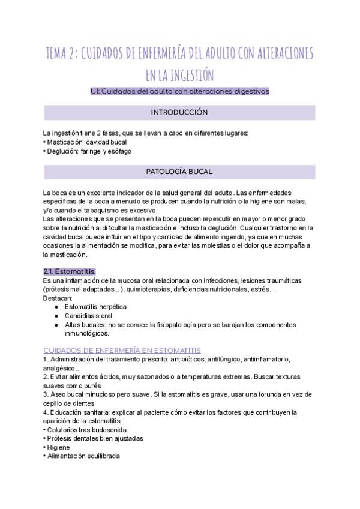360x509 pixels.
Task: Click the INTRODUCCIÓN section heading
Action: [179, 112]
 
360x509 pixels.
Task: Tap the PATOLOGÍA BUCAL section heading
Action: [179, 172]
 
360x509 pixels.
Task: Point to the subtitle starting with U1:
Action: [179, 91]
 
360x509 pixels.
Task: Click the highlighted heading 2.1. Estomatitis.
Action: [70, 271]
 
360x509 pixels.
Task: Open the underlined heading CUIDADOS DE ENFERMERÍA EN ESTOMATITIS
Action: [122, 350]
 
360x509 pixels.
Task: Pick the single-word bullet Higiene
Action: [58, 447]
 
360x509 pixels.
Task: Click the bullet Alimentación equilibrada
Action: [83, 456]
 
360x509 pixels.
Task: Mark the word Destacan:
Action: [58, 298]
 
